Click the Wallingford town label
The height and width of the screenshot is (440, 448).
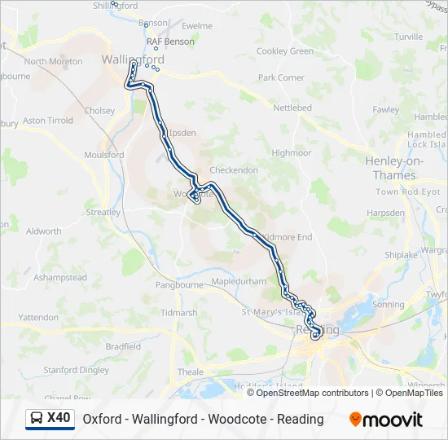133,59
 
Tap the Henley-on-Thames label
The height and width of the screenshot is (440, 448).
394,168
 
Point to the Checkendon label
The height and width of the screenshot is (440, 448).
234,170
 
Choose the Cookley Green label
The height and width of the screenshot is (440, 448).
284,51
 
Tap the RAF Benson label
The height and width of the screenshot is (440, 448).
170,42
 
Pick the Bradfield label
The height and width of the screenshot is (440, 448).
123,345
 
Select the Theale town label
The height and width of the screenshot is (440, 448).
190,372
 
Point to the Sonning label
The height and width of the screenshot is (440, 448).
388,304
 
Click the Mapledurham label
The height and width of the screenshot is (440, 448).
239,281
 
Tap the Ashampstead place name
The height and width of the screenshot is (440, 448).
60,278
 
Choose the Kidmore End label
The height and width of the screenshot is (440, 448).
285,237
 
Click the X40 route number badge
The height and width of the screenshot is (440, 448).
59,418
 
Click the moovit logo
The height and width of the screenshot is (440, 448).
386,420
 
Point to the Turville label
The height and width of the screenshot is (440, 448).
408,37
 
